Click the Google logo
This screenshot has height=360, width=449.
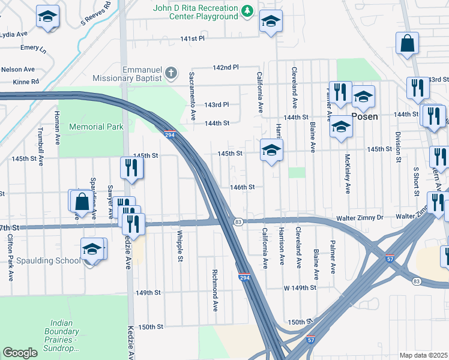click(x=20, y=353)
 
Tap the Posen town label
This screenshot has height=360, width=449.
click(x=364, y=116)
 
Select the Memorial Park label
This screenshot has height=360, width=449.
click(x=96, y=127)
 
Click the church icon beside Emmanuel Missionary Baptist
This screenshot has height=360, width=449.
click(x=171, y=74)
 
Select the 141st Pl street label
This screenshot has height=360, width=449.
click(x=193, y=38)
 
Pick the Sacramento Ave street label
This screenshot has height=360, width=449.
click(x=193, y=96)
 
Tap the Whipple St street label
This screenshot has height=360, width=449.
click(x=179, y=246)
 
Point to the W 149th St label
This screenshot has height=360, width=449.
click(x=300, y=287)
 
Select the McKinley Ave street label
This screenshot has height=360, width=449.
click(x=348, y=173)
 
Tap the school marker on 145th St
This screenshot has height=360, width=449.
click(x=271, y=151)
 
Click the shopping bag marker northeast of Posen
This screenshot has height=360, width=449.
click(x=407, y=44)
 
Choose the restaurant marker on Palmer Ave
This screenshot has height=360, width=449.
click(x=340, y=93)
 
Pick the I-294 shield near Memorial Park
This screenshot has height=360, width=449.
click(x=170, y=134)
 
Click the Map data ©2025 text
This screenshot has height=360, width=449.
click(x=424, y=355)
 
